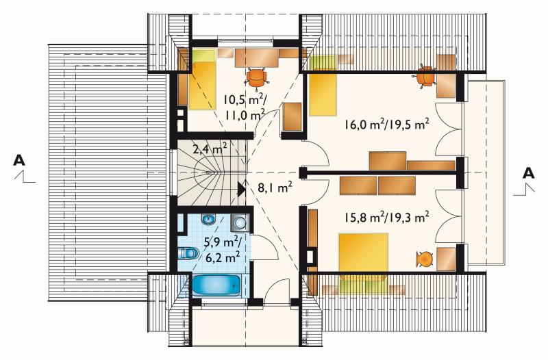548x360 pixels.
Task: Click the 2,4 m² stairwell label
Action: coord(210,149)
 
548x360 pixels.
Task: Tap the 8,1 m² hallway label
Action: coord(275,188)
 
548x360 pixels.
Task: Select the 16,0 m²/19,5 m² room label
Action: coord(386,125)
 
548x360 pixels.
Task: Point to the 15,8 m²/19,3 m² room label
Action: coord(386,218)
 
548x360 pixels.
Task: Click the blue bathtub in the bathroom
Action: coord(215,285)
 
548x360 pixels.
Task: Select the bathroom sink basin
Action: coord(209,220)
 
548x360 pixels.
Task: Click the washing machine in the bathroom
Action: coord(240,222)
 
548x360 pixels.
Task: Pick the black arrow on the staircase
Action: coord(242,189)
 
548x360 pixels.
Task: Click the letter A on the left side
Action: coord(19,160)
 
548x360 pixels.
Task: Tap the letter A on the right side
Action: coord(528,173)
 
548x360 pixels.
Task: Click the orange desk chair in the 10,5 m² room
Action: coord(256,77)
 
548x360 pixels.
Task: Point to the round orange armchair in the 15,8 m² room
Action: coord(425,259)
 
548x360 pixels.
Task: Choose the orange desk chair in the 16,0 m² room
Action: coord(425,76)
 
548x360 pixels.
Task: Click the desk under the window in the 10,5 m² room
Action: coord(256,58)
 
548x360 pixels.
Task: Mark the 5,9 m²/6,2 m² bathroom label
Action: coord(221,249)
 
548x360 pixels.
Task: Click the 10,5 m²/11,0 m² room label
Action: coord(245,107)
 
